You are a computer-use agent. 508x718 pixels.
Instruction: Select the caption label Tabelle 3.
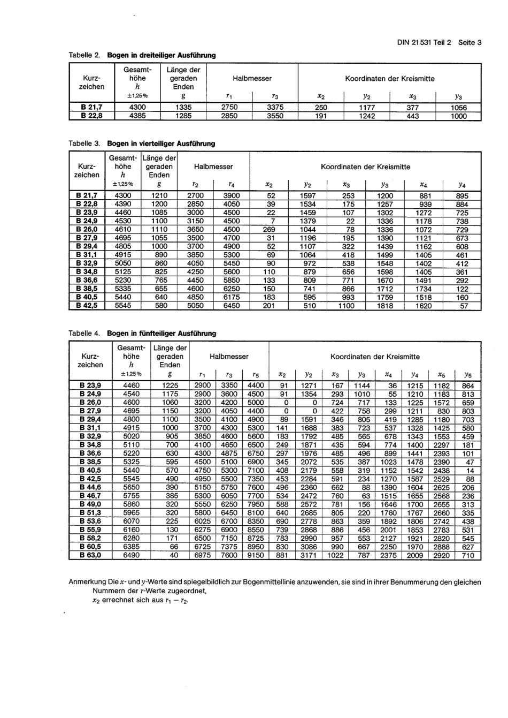(x=84, y=143)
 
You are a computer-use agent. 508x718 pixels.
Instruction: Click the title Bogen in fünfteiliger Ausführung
(x=161, y=333)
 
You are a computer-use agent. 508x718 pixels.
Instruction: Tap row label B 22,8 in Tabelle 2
(x=91, y=116)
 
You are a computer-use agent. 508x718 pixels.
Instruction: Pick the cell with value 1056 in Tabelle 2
(x=458, y=108)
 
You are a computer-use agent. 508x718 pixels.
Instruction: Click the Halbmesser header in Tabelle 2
(x=252, y=79)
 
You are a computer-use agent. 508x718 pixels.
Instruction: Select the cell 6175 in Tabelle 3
(x=232, y=297)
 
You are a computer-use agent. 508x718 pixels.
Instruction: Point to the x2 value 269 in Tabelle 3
(x=270, y=229)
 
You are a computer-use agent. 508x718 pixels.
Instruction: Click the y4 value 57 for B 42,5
(x=463, y=306)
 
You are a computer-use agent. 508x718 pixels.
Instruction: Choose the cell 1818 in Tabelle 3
(x=384, y=306)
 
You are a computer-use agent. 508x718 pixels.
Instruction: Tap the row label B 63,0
(x=90, y=555)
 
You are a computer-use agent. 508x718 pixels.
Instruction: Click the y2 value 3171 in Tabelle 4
(x=309, y=555)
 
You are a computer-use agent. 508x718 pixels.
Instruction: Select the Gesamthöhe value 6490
(x=131, y=555)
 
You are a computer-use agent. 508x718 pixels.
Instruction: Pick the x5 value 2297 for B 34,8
(x=441, y=445)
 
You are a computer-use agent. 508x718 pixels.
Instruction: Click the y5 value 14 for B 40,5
(x=469, y=470)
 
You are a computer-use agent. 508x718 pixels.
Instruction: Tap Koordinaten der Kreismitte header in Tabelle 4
(x=375, y=357)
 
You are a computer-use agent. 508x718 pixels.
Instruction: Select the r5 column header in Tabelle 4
(x=256, y=375)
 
